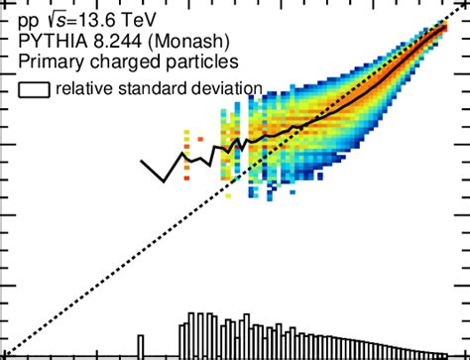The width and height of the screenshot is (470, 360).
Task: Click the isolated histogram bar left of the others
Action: click(x=141, y=345)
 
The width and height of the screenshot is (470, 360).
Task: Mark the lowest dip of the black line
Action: click(x=165, y=180)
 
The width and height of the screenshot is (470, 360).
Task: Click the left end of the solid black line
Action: click(x=142, y=160)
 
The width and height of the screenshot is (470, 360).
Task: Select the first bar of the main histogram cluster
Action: click(x=180, y=337)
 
